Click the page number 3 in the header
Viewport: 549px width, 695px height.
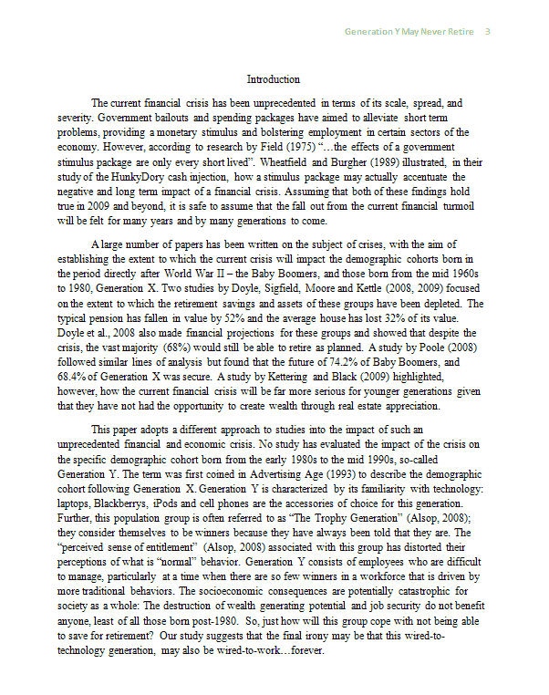pyautogui.click(x=488, y=32)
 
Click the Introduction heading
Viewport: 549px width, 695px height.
pyautogui.click(x=274, y=79)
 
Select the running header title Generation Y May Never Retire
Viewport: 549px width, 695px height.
pyautogui.click(x=409, y=32)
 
